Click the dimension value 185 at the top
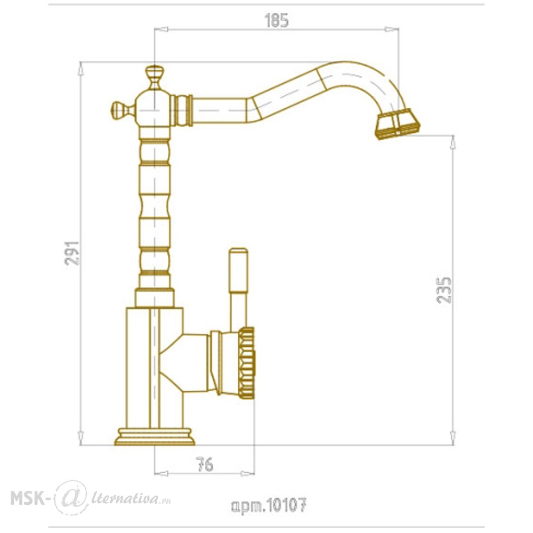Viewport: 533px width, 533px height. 276,21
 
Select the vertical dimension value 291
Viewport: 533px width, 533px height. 72,253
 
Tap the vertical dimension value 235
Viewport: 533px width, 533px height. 444,290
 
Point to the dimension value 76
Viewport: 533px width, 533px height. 205,464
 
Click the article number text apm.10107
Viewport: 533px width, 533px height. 269,505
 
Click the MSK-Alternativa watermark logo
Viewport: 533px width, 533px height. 91,498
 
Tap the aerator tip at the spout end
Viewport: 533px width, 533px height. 398,124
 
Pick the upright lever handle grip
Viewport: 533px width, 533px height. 238,270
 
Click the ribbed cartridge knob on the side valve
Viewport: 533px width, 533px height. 247,362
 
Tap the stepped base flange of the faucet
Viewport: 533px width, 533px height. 155,437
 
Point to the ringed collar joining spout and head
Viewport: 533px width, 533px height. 182,110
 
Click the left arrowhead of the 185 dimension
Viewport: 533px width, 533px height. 161,29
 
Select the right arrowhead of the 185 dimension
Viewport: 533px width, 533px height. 392,29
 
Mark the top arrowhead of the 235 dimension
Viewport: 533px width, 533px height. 453,142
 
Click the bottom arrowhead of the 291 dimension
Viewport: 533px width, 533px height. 80,438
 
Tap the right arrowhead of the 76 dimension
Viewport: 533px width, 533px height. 247,473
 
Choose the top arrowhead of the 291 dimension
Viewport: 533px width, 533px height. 80,69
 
